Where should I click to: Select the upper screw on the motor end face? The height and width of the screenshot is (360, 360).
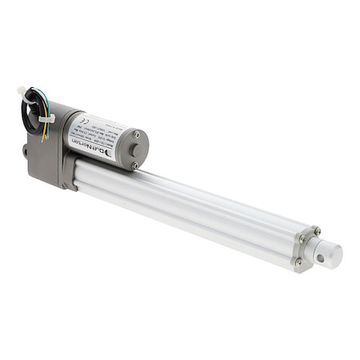coord(136,134)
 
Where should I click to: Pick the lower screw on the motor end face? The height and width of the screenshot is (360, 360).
coord(134,166)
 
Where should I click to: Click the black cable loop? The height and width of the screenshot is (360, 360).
coord(30,108)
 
